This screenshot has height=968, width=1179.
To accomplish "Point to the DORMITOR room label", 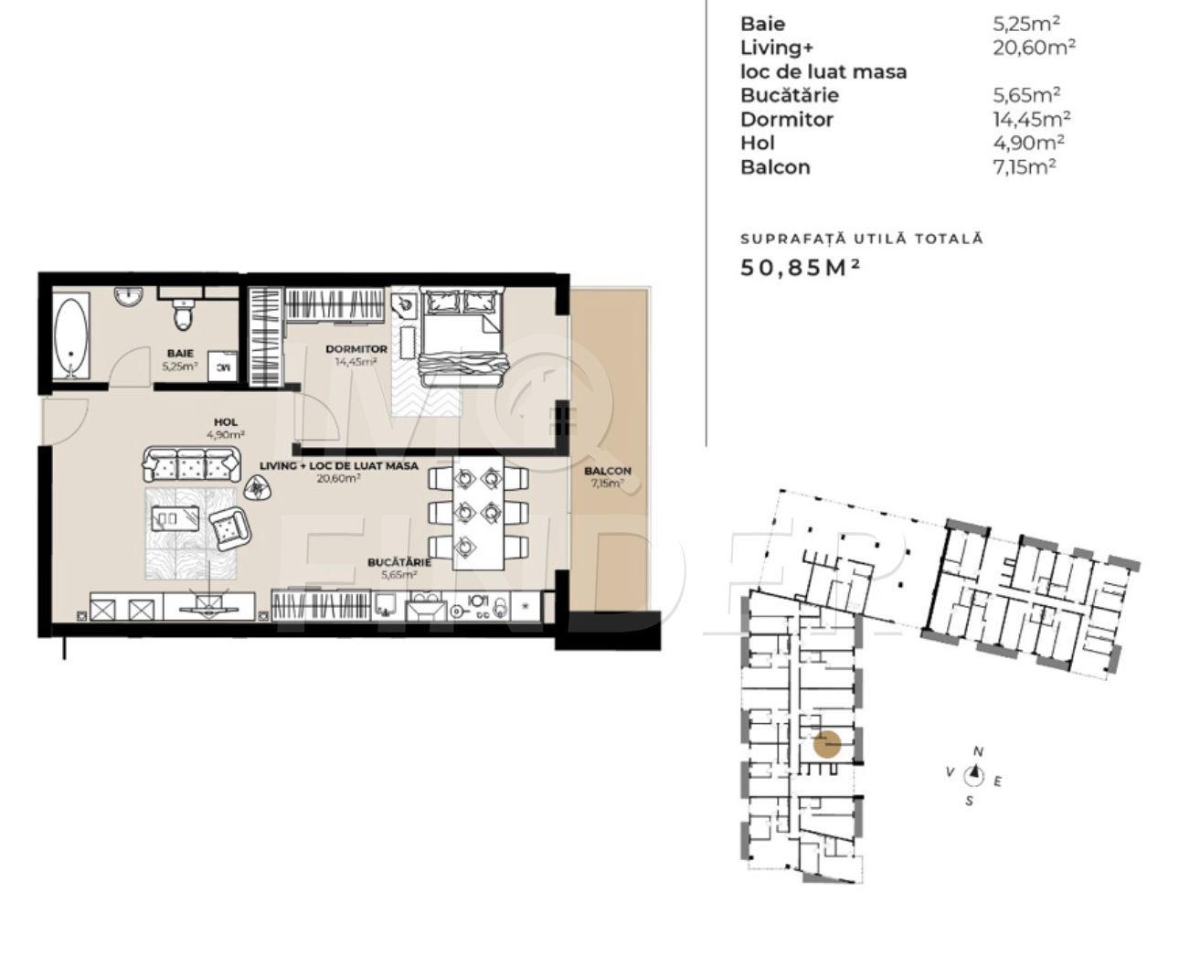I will [x=356, y=349].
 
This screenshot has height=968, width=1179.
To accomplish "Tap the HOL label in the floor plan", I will [x=226, y=422].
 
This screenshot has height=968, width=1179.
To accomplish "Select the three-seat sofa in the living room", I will [x=191, y=465].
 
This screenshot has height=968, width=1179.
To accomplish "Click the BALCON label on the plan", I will [x=607, y=472].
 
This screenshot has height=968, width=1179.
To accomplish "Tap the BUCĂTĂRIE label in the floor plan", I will [x=392, y=564].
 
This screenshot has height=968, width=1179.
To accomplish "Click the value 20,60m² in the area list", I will [x=1034, y=48].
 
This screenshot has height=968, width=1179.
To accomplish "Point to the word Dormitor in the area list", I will [x=787, y=119].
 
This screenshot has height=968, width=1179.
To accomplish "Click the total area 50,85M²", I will [x=801, y=267].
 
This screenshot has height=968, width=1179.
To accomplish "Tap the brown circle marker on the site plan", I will [x=827, y=745].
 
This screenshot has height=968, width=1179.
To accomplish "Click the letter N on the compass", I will [x=978, y=752].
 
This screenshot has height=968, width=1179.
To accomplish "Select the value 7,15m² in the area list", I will [x=1025, y=166].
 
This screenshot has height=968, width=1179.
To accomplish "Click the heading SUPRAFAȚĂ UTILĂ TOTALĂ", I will [x=861, y=239].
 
